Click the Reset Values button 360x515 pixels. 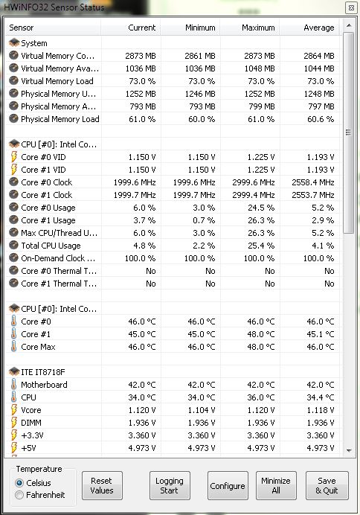coord(102,485)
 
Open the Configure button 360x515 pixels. coord(228,485)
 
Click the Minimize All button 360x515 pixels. coord(276,485)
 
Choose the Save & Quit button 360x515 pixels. coord(327,485)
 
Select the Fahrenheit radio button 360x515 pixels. coord(19,495)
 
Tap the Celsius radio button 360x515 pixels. coord(19,483)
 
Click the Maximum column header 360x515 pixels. coord(258,28)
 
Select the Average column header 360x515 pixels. coord(318,28)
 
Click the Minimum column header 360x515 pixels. coord(200,28)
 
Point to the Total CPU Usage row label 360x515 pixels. coord(51,246)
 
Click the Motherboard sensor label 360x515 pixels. coord(44,385)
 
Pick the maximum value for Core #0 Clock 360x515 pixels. coord(254,182)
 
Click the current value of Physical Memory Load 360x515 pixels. coord(142,119)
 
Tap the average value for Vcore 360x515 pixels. coord(321,410)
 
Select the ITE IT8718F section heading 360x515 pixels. coord(43,372)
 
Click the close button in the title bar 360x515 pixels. coord(351,8)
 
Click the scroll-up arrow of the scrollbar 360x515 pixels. coord(349,25)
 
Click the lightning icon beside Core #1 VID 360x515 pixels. coord(14,170)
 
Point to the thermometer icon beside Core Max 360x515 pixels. coord(14,347)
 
